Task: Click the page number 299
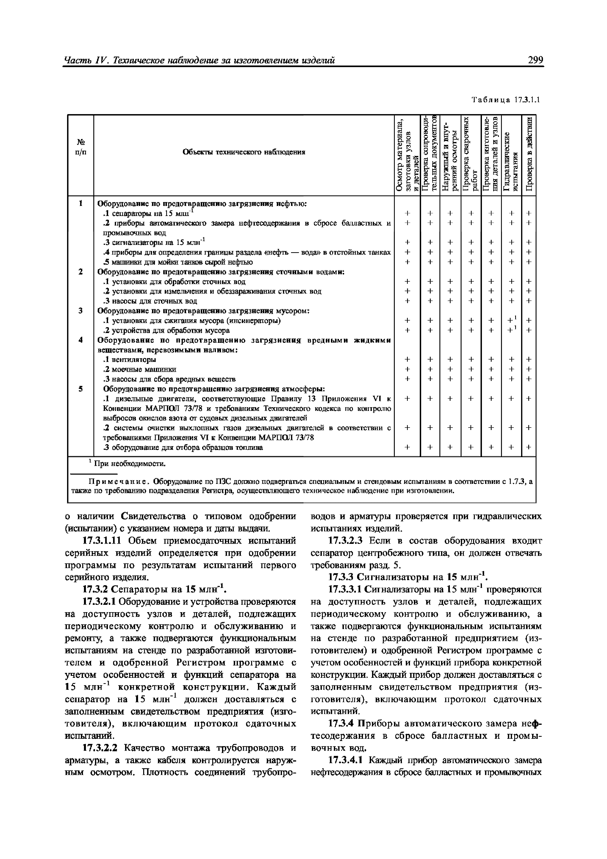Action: click(535, 60)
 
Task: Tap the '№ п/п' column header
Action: click(81, 147)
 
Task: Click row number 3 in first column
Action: click(81, 310)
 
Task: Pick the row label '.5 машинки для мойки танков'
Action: click(178, 262)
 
